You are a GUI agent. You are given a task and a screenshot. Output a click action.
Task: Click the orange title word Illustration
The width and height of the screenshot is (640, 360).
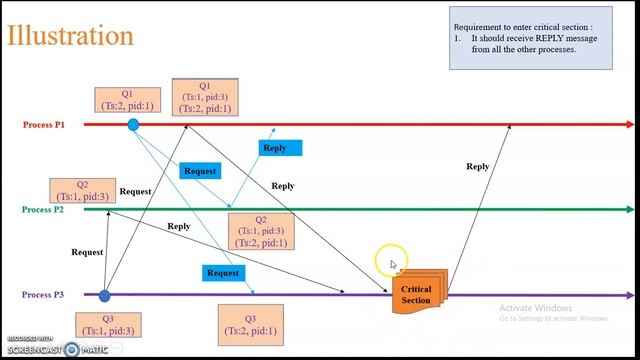click(70, 36)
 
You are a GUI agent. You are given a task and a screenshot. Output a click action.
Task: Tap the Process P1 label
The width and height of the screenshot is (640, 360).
click(44, 125)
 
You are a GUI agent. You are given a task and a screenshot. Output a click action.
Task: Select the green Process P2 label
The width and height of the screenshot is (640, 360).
click(44, 210)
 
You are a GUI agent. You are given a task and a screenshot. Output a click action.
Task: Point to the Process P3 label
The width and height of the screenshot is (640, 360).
click(44, 295)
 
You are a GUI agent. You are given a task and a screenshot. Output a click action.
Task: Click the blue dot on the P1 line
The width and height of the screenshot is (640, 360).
click(133, 125)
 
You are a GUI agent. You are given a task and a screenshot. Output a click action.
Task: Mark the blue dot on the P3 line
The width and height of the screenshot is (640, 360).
click(104, 295)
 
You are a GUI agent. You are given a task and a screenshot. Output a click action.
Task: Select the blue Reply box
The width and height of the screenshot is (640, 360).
click(275, 148)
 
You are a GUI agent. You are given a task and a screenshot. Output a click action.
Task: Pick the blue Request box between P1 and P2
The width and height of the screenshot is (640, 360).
click(200, 171)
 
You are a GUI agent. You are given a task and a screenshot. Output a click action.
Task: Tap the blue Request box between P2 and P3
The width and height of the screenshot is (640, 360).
click(222, 273)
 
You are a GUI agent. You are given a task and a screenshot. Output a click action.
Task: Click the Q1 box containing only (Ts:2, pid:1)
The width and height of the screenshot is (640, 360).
click(127, 98)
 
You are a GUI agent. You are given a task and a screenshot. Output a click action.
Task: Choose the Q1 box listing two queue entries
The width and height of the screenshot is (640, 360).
click(205, 97)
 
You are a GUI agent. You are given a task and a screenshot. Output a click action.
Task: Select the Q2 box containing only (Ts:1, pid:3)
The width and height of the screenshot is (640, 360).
click(82, 191)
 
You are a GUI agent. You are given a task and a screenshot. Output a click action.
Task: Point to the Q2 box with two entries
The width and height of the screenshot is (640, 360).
click(261, 231)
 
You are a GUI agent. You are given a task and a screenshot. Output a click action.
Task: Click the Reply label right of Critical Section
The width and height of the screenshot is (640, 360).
click(478, 167)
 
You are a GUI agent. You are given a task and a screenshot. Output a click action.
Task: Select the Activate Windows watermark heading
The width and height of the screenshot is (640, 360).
click(535, 308)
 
